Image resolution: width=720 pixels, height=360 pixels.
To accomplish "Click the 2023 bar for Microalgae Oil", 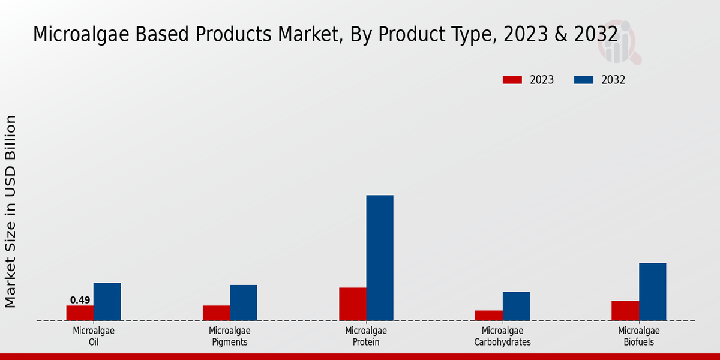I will coord(80,313).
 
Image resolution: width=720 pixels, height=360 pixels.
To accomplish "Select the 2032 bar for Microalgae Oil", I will coord(107,301).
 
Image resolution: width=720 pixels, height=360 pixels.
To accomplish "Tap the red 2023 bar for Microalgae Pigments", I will coord(216,313).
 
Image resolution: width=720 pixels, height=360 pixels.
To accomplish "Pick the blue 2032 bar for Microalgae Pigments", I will coord(243,302).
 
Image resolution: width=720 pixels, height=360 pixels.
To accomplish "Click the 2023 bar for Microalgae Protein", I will coord(352,304).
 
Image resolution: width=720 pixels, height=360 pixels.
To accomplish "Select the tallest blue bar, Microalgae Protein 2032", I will coord(380,257).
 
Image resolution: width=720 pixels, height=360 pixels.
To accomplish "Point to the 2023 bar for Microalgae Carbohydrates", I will coord(488,315).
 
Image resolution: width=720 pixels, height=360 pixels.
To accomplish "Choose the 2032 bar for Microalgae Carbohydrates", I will coord(516,306).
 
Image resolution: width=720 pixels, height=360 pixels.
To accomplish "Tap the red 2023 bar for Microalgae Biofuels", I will coord(625,310).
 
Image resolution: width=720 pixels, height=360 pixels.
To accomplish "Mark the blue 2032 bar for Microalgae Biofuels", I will coord(652,292).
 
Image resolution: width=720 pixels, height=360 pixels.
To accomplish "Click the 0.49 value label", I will coord(80,300).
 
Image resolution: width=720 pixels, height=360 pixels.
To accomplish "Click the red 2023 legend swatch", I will coord(512,80).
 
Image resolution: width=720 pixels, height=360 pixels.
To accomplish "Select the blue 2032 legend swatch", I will coord(583,80).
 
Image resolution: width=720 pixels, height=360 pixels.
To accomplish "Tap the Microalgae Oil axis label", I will coord(94,336).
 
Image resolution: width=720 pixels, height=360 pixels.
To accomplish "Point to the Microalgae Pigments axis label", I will coord(230,336).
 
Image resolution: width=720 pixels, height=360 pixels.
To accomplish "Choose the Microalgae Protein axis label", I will coord(366,336).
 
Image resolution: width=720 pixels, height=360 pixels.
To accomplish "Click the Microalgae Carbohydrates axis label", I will coord(502,336).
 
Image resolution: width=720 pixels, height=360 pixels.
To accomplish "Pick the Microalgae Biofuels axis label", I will coord(638,336).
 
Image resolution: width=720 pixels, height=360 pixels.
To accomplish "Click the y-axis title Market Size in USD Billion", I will coord(11,211).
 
